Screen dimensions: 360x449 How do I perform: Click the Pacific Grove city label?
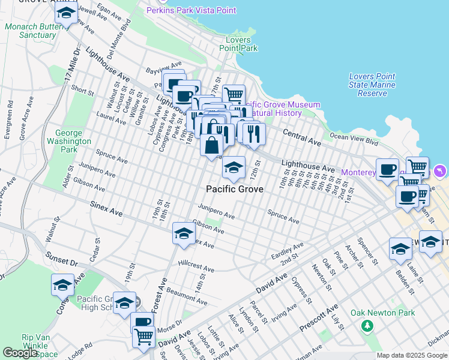coord(234,189)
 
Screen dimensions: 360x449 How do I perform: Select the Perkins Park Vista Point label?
coord(191,10)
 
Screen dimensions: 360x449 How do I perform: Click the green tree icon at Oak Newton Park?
coord(366,326)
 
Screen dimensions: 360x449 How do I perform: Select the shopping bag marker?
coord(212,145)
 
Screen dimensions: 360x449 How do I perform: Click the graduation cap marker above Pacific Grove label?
coord(234,167)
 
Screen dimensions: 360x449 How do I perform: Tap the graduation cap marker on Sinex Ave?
coord(184,233)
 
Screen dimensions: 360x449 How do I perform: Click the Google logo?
coord(20,353)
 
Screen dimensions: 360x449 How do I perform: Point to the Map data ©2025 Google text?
coord(412,355)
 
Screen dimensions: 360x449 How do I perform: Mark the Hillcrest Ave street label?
coord(196,267)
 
